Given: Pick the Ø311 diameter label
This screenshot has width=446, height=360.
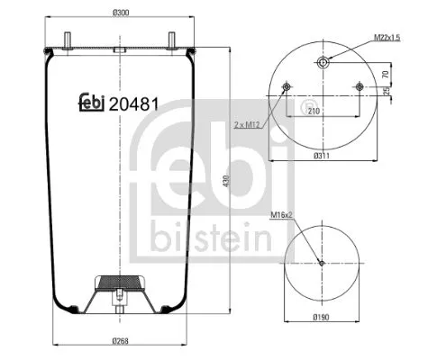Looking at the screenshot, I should tap(322, 156).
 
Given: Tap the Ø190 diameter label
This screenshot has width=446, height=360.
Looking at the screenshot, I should tap(322, 318).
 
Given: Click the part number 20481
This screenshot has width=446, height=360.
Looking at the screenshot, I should tap(134, 103).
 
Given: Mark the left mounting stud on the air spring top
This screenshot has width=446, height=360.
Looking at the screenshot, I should tap(68, 39).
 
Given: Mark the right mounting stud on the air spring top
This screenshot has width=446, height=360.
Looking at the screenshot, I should tap(168, 39).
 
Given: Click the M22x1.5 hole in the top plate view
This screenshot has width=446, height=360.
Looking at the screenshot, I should tap(322, 62).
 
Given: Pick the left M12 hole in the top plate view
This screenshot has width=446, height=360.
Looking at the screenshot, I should tap(287, 87).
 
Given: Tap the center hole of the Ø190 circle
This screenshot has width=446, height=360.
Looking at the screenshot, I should tap(322, 263).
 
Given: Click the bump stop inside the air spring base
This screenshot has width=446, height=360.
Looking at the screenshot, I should tap(118, 281).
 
